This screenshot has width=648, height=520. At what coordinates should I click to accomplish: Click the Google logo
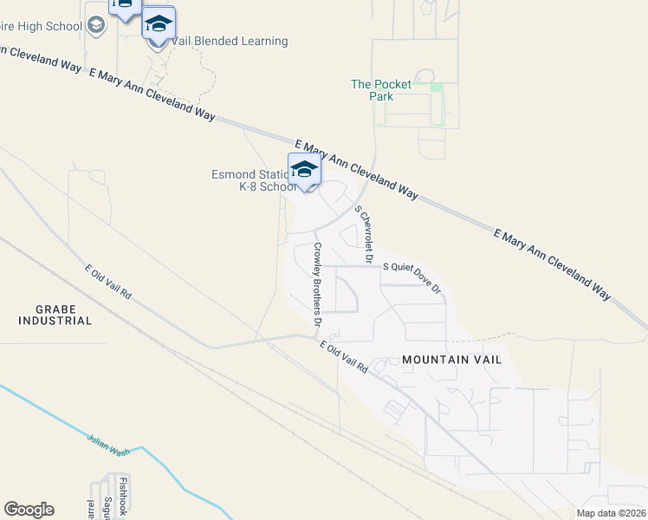coord(29,510)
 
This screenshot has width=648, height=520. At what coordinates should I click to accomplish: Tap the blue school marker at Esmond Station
coord(304,169)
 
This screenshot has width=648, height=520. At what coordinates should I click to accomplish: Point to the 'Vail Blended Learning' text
coord(229,41)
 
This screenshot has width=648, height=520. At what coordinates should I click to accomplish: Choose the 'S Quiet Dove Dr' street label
coord(412,276)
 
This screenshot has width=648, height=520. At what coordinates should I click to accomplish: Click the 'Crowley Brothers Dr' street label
coord(318,289)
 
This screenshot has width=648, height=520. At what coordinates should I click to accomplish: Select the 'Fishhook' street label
coord(124,496)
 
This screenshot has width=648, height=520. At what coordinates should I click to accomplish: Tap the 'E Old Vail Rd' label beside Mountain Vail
coord(344,357)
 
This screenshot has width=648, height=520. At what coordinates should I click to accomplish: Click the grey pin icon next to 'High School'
coord(96,25)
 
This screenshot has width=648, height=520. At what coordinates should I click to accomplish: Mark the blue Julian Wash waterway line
coord(52,419)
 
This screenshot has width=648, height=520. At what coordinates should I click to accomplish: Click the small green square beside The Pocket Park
coord(437,88)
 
